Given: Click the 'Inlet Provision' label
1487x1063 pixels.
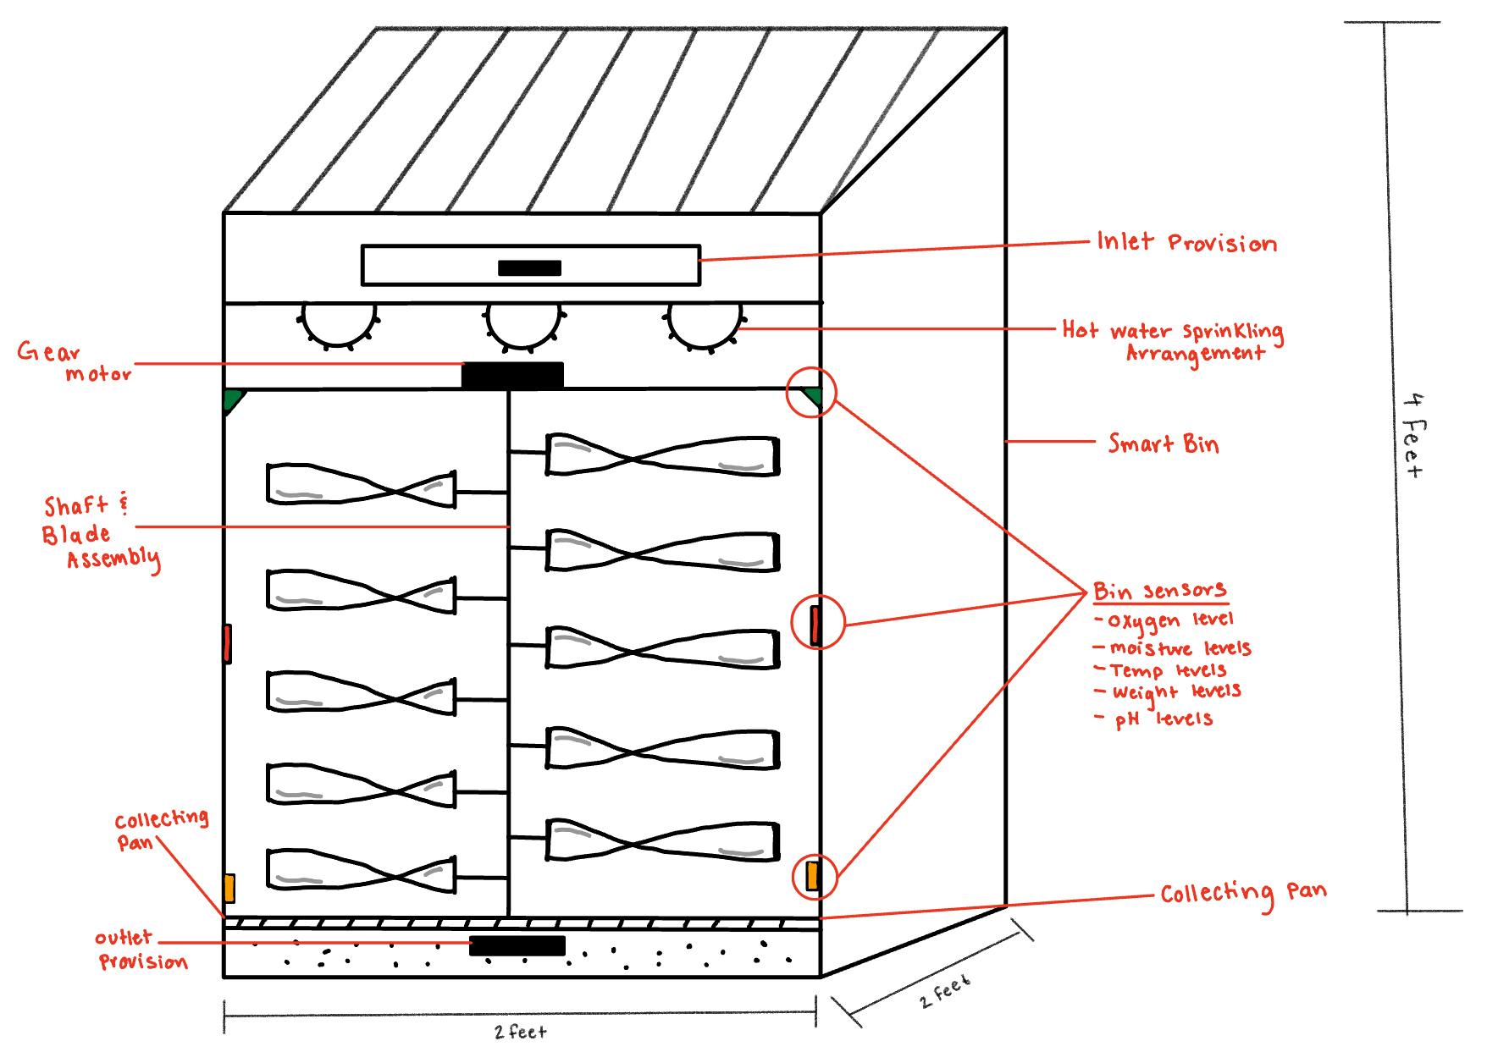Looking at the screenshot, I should click(x=1186, y=243).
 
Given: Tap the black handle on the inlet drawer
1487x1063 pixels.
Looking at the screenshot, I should click(x=529, y=268).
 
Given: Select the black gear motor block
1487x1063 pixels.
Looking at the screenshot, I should click(x=512, y=375).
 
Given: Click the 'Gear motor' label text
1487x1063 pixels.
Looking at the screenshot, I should click(x=75, y=362).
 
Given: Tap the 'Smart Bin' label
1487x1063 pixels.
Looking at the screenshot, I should click(x=1164, y=443).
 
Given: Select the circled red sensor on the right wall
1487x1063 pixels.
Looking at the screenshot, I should click(x=815, y=625).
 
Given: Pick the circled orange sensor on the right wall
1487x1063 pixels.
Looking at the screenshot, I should click(x=813, y=876).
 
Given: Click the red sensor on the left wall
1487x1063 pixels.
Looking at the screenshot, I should click(x=227, y=643).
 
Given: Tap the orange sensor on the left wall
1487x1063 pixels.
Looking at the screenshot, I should click(x=229, y=888).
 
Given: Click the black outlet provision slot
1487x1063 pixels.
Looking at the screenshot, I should click(x=517, y=945).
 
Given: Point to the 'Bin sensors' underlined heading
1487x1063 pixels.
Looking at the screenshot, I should click(x=1159, y=591).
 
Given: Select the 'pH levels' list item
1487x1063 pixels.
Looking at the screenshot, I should click(x=1164, y=719).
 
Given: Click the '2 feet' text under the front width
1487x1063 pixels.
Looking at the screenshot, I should click(x=521, y=1032).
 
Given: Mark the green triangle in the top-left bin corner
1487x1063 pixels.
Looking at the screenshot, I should click(x=231, y=400).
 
